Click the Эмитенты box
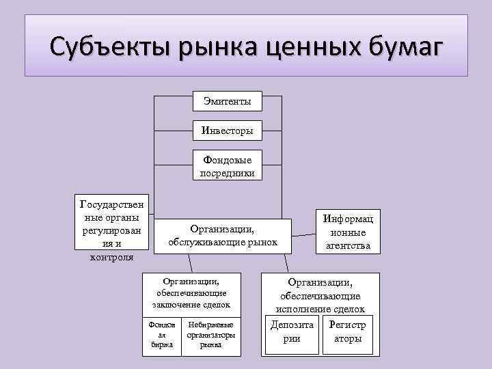(x=227, y=101)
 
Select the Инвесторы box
(x=227, y=130)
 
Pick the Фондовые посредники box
(x=227, y=166)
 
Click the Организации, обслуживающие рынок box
(x=223, y=236)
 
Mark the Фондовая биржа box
(x=163, y=336)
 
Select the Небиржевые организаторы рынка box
(x=210, y=336)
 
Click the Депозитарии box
(x=292, y=333)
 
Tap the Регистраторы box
(x=348, y=333)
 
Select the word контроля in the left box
(x=112, y=258)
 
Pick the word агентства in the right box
(x=349, y=245)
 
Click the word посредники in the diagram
(x=227, y=173)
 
